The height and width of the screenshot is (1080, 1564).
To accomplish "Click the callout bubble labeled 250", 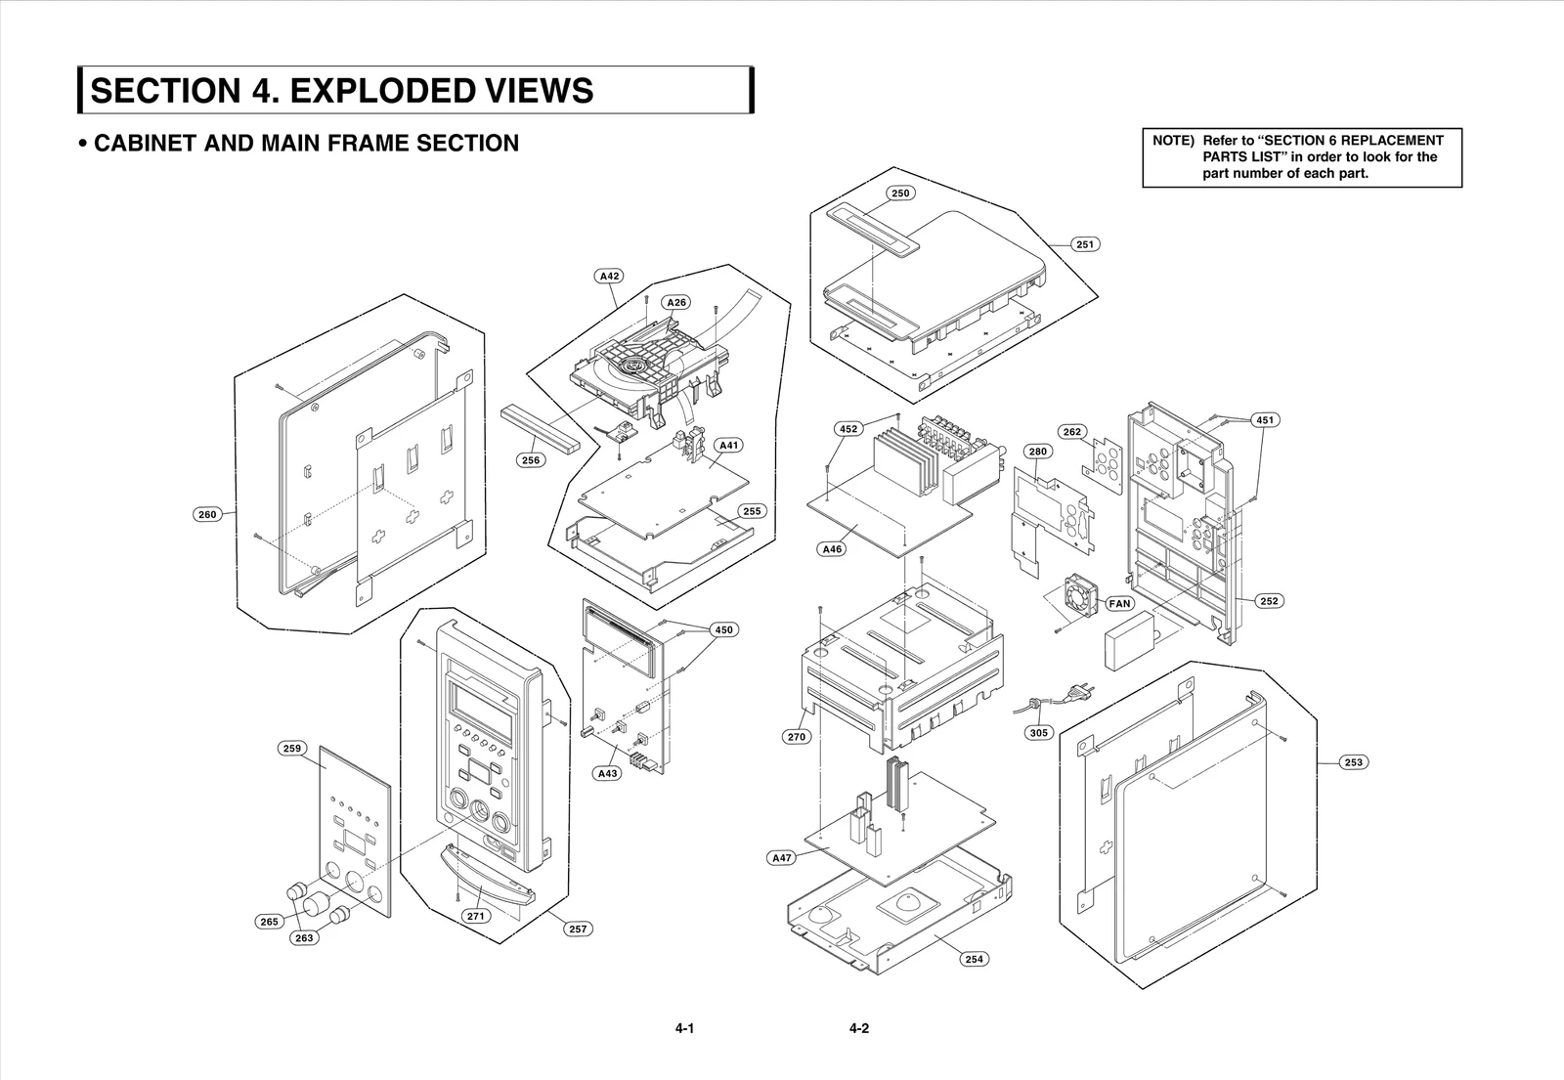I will (x=899, y=193).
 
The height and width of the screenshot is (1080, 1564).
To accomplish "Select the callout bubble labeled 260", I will (x=207, y=514).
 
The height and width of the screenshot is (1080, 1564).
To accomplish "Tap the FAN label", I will (x=1119, y=603).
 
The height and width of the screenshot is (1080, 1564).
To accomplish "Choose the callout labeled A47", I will (x=781, y=858).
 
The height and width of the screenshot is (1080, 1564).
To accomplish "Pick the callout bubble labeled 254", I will (x=974, y=959).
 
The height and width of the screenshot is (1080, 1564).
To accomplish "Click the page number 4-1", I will (x=683, y=1028).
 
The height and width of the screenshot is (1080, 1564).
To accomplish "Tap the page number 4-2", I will (x=859, y=1028).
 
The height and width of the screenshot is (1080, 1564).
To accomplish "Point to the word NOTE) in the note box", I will (x=1172, y=140).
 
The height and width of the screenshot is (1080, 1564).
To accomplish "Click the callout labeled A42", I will (x=609, y=276).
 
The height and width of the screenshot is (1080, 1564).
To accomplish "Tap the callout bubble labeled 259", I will (x=291, y=749).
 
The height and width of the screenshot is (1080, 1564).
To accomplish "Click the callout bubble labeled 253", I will (x=1354, y=762).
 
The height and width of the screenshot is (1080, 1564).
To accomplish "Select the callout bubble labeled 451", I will (x=1266, y=420).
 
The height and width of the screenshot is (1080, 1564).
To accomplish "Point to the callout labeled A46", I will (x=831, y=549).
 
